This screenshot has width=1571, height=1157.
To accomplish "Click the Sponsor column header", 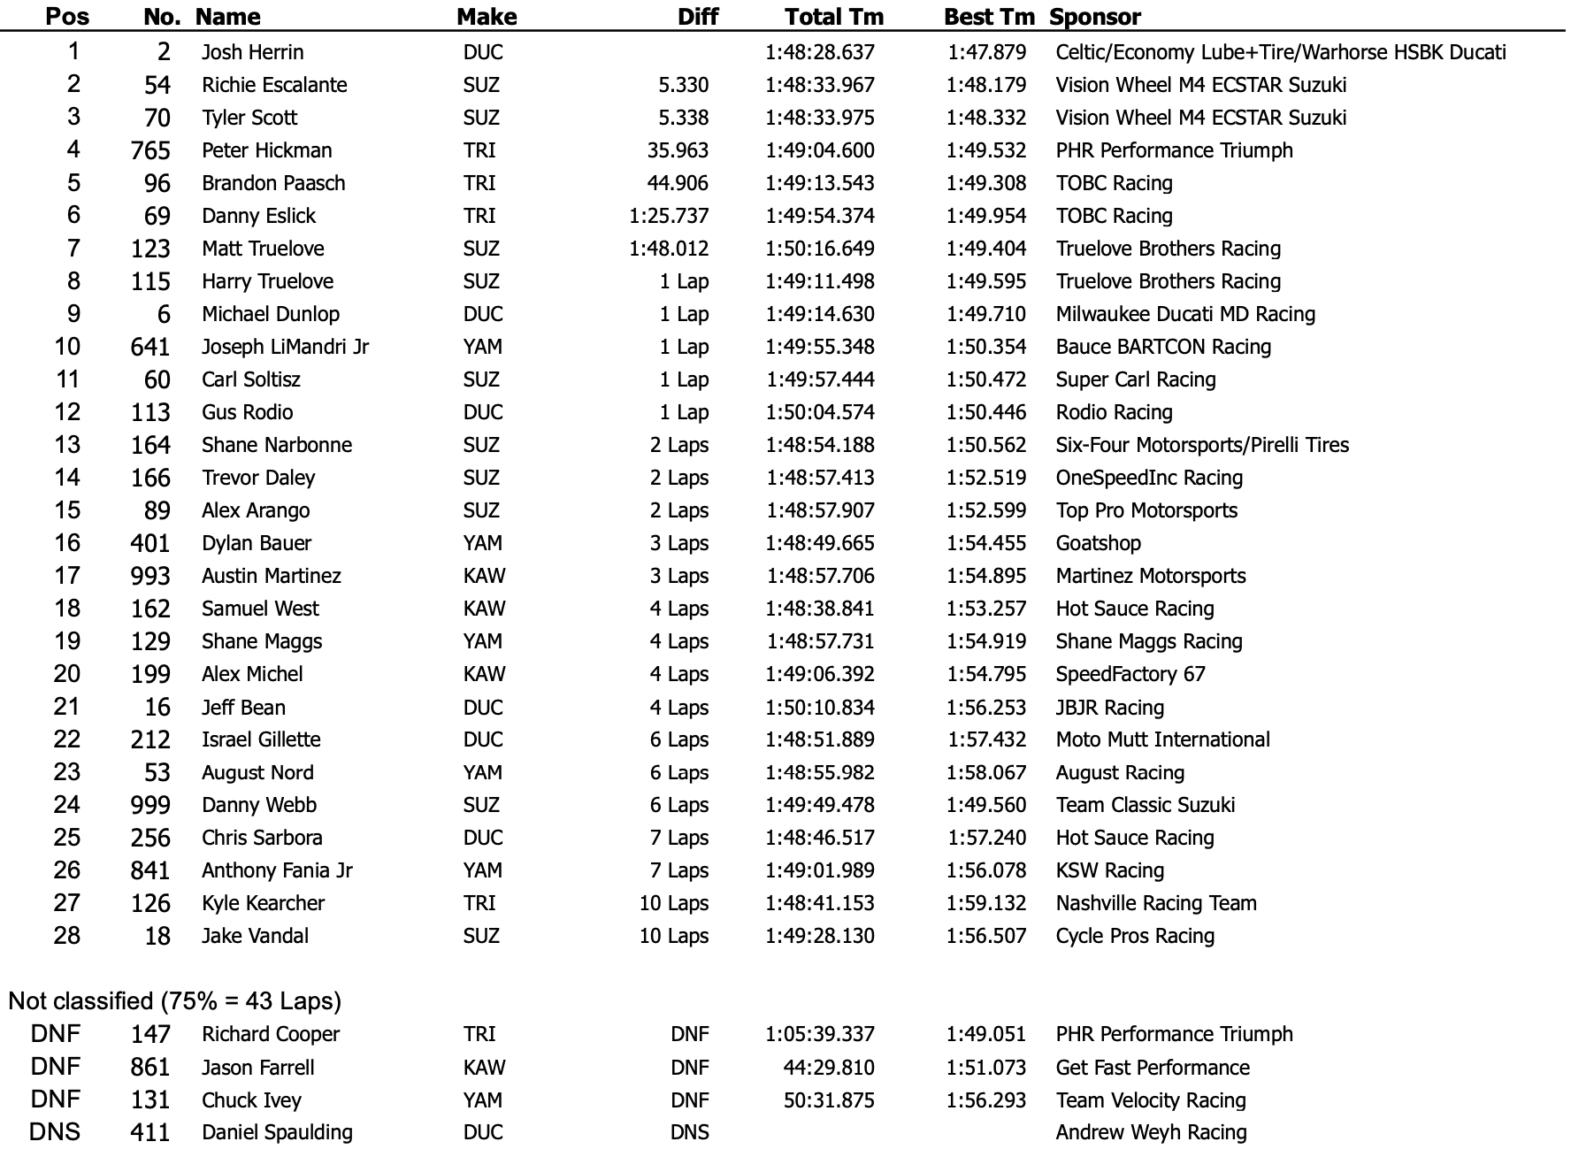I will (x=1095, y=17).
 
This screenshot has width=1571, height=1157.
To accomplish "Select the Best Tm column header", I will (x=988, y=17).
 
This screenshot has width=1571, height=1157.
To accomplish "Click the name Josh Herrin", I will (x=252, y=52).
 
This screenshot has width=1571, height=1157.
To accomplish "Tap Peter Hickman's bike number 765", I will (x=150, y=150).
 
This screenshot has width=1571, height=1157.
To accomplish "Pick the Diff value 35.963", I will (x=678, y=150).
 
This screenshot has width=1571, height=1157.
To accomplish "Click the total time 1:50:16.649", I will (x=820, y=249).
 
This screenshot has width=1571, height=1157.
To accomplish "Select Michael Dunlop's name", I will (x=270, y=314).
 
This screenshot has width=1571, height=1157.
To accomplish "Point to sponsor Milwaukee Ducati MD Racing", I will (x=1185, y=314).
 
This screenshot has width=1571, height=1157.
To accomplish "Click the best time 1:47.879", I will (x=986, y=52).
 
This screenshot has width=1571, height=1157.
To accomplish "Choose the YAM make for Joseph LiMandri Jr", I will (x=482, y=347).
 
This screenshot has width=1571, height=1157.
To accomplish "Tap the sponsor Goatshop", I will (x=1098, y=543).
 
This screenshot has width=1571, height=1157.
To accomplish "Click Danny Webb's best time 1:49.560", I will (x=986, y=805).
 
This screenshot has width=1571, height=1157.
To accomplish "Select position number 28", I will (x=67, y=935).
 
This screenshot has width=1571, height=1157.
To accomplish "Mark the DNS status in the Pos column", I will (x=55, y=1132).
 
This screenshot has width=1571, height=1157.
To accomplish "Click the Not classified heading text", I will (x=174, y=1001).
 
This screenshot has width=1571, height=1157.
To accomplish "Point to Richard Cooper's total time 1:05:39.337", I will (x=820, y=1034).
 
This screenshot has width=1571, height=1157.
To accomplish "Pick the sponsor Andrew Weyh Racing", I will (x=1151, y=1132).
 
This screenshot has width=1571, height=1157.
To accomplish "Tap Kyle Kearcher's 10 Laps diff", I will (x=674, y=903).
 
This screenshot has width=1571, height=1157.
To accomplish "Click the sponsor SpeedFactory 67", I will (x=1130, y=674).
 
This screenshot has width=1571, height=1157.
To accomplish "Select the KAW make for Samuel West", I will (x=484, y=609).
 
